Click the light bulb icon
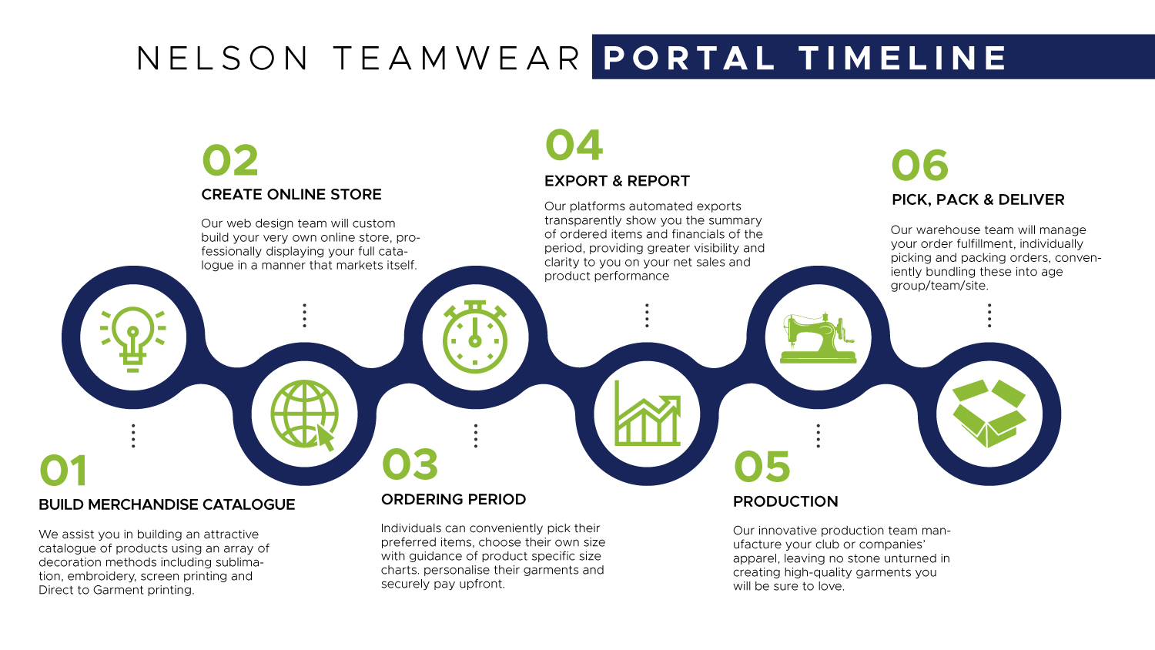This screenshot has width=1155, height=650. [x=133, y=339]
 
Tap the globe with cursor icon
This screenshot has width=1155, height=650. [x=304, y=415]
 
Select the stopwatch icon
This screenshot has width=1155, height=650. [x=475, y=337]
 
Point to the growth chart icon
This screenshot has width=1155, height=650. [x=647, y=414]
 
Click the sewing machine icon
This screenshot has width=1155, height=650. [x=818, y=338]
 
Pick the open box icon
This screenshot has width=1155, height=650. [x=989, y=414]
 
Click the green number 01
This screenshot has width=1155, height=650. [x=63, y=471]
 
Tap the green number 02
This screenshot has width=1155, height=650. [x=230, y=160]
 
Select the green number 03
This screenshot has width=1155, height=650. [x=410, y=464]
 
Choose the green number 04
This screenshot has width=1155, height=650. [x=574, y=145]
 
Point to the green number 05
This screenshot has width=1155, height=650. [x=762, y=467]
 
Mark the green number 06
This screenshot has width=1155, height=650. [x=920, y=165]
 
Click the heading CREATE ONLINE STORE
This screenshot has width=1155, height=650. [x=291, y=195]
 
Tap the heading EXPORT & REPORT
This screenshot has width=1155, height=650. [x=617, y=181]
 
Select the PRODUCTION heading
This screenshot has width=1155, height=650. [x=785, y=501]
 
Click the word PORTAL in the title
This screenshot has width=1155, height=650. [x=689, y=58]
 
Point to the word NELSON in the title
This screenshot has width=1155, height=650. [x=223, y=58]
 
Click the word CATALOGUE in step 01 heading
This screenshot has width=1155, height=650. [x=249, y=504]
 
